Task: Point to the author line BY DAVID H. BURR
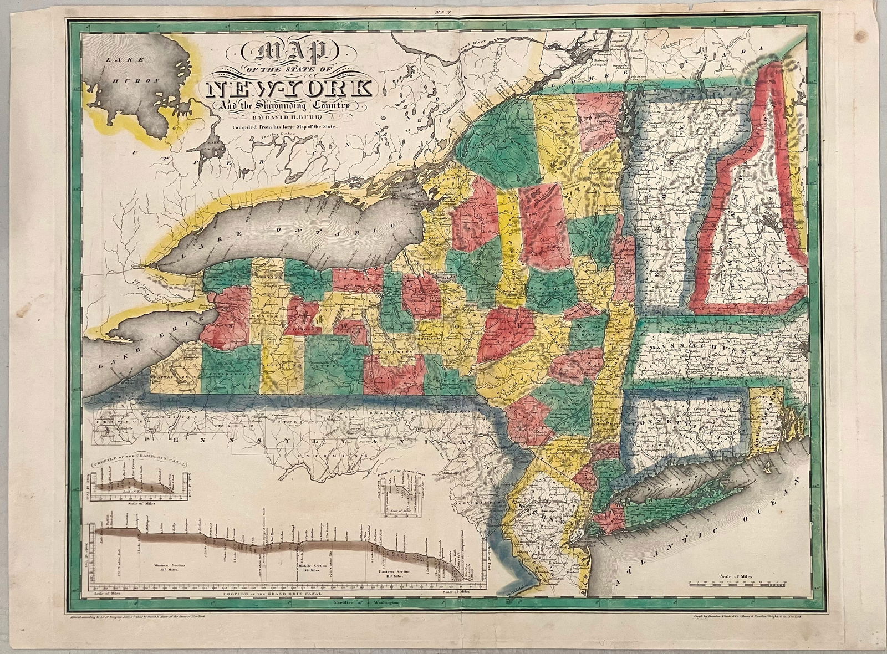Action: coord(283,116)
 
